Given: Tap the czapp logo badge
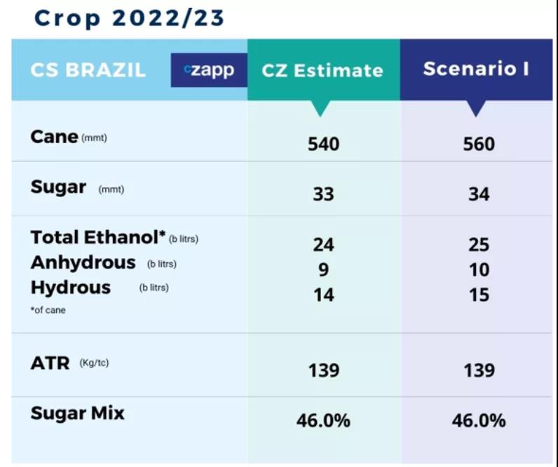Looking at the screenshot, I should click(209, 69).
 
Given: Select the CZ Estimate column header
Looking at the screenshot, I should click(322, 70).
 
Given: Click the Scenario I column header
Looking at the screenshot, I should click(476, 69).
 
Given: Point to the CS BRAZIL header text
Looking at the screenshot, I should click(88, 70).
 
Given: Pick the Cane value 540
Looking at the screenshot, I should click(323, 144).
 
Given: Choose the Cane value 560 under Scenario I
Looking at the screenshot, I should click(479, 144).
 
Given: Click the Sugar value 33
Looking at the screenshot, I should click(323, 194).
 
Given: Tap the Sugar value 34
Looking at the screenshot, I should click(479, 194).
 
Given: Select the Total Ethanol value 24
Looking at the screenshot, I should click(323, 245).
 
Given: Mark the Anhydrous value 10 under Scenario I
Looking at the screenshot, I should click(479, 270).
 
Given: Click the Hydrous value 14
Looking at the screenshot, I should click(323, 295).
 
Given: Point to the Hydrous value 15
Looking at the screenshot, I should click(479, 295).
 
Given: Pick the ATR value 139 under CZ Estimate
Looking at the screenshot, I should click(323, 370).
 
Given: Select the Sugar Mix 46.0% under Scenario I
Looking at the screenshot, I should click(479, 421).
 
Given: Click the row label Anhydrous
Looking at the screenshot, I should click(83, 263).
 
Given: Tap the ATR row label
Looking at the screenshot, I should click(50, 364).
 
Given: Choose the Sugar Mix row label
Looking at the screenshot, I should click(77, 413).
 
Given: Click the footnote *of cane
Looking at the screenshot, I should click(48, 309).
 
